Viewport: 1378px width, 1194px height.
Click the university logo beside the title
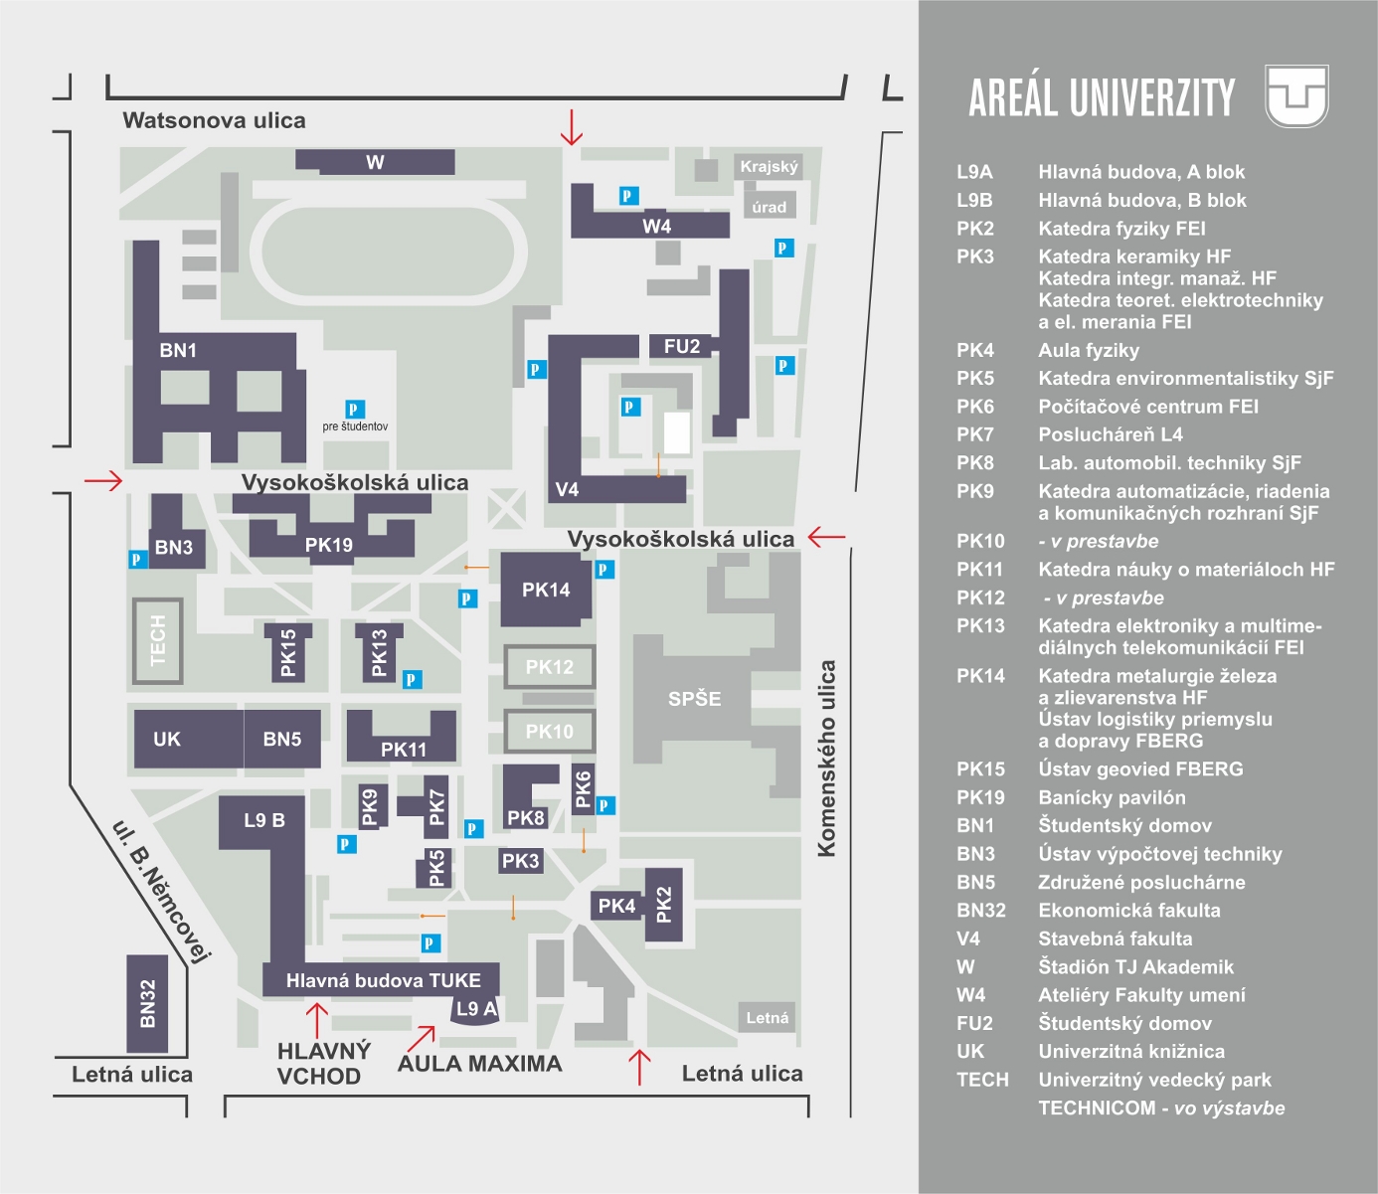coord(1296,96)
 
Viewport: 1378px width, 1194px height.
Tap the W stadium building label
coord(375,162)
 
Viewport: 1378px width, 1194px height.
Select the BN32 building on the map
coord(147,1003)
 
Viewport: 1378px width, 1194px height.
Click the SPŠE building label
coord(694,699)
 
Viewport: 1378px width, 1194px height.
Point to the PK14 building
coord(546,590)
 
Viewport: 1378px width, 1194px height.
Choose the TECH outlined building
coord(158,641)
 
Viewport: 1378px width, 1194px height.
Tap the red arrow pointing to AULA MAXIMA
coord(422,1037)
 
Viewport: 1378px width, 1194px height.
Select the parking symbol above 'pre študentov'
coord(354,409)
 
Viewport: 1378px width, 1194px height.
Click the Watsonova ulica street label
coord(214,120)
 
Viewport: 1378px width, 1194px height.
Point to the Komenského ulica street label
coord(826,758)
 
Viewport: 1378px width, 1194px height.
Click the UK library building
coord(167,739)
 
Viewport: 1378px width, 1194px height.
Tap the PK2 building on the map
coord(664,905)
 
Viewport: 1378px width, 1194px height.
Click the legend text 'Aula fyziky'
coord(1089,350)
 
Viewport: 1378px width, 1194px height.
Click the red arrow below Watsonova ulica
coord(571,127)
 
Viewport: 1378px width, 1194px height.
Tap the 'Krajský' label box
coord(769,166)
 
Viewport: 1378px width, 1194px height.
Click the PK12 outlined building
coord(550,667)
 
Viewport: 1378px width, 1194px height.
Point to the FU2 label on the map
coord(682,346)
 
